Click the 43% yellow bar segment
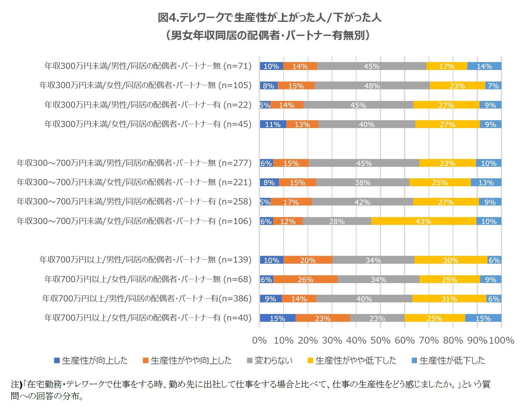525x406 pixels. tap(424, 221)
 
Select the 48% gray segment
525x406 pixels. tap(372, 86)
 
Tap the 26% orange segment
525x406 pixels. tap(305, 280)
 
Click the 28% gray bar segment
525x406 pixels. tap(337, 221)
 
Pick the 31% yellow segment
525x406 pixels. tap(449, 299)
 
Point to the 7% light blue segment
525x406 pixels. tap(493, 86)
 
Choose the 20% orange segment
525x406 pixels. tap(308, 260)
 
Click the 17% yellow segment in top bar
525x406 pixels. tap(446, 66)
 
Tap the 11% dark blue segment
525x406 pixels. tap(273, 124)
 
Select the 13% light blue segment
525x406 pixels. tap(486, 183)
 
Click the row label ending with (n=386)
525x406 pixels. tap(147, 299)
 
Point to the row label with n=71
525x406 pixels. tap(148, 66)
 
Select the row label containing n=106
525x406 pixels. tap(134, 221)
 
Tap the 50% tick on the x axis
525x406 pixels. tap(380, 340)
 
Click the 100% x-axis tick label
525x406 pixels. tap(502, 340)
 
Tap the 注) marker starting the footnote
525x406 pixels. tap(16, 384)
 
